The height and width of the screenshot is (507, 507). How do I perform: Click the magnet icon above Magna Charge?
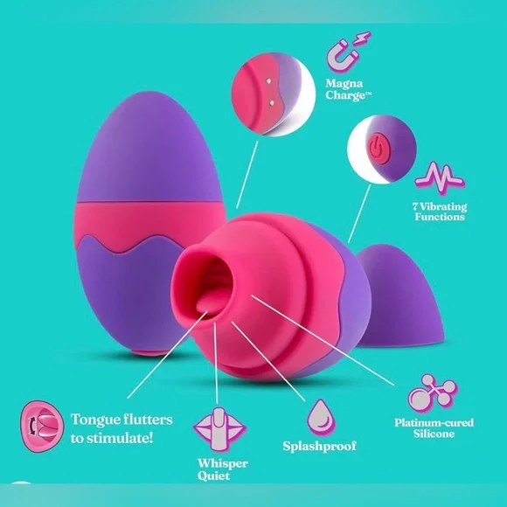point(348,52)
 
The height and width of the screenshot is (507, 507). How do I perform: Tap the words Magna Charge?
point(348,89)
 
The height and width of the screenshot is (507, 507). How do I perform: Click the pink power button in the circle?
point(379,149)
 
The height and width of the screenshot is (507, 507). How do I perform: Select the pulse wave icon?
point(440,177)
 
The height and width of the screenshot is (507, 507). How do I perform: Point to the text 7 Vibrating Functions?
point(440,212)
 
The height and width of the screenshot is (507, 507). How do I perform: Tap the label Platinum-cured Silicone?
point(434,427)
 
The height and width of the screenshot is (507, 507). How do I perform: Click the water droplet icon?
point(321,418)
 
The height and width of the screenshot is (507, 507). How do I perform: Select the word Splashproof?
point(319,446)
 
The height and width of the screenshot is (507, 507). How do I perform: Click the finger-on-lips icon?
point(220,429)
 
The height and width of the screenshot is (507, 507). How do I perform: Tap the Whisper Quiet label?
point(222,469)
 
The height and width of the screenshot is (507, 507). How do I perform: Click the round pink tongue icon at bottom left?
point(42,427)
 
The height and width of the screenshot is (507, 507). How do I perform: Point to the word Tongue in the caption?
point(95,420)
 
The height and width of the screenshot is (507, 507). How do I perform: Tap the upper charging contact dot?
point(269,81)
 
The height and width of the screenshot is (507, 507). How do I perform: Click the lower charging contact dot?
point(272,103)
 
